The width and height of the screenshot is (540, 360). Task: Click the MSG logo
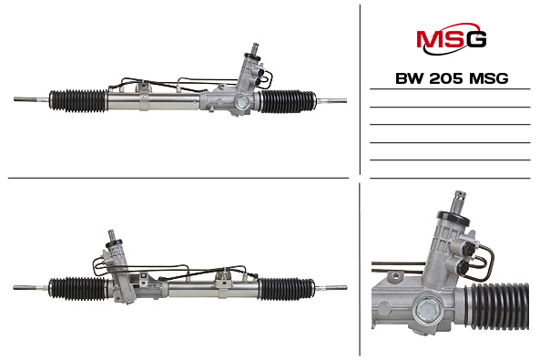[451, 38]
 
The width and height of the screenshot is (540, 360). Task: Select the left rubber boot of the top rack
[78, 100]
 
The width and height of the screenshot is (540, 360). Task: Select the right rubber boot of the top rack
[288, 101]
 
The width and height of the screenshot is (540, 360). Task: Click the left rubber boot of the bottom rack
[77, 288]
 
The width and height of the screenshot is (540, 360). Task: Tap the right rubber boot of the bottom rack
[287, 289]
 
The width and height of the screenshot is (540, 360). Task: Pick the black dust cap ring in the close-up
[453, 219]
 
